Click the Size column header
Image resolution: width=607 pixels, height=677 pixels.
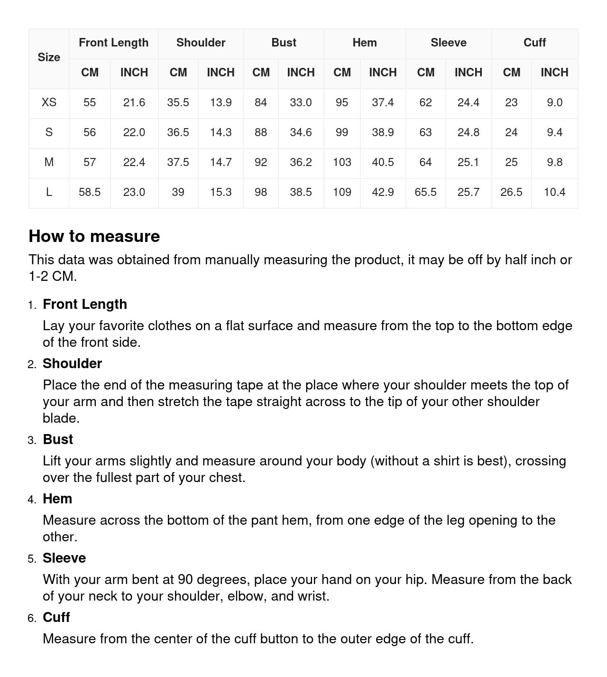(x=49, y=57)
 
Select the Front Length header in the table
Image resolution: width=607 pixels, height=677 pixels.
(x=113, y=43)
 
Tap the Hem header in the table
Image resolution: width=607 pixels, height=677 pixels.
(x=364, y=43)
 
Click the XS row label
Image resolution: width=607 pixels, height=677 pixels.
(x=49, y=102)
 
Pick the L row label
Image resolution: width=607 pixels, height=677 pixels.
(x=49, y=192)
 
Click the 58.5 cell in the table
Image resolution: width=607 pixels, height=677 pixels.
(x=90, y=192)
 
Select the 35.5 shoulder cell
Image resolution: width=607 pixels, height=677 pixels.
(x=178, y=102)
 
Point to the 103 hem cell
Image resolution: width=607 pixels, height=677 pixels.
(x=342, y=162)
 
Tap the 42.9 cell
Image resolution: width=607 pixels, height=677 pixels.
(x=383, y=192)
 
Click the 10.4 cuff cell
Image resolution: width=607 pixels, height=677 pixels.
(x=554, y=192)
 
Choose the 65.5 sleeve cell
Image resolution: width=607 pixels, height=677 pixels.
(x=425, y=192)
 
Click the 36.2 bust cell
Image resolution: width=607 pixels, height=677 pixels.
(x=301, y=162)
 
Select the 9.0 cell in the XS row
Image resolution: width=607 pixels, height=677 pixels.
(x=554, y=102)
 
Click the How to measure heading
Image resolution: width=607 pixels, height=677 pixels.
(x=94, y=236)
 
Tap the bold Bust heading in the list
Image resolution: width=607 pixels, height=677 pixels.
(x=58, y=439)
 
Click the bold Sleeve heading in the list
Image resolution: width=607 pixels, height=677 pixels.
(x=64, y=558)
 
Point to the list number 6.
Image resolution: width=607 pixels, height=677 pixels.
(x=32, y=618)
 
